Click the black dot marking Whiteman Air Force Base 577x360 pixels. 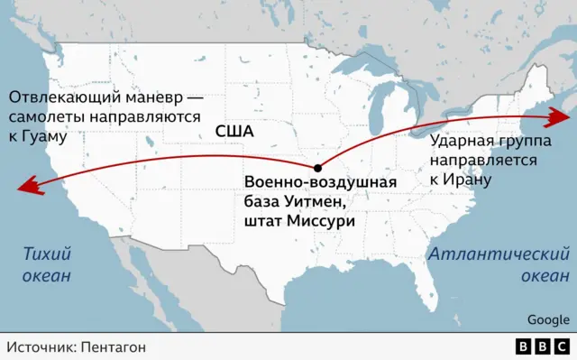[x=317, y=168]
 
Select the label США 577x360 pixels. [x=234, y=131]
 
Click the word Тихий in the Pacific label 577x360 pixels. [x=48, y=254]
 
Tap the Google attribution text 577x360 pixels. [x=548, y=318]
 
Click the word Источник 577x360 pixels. [x=40, y=346]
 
